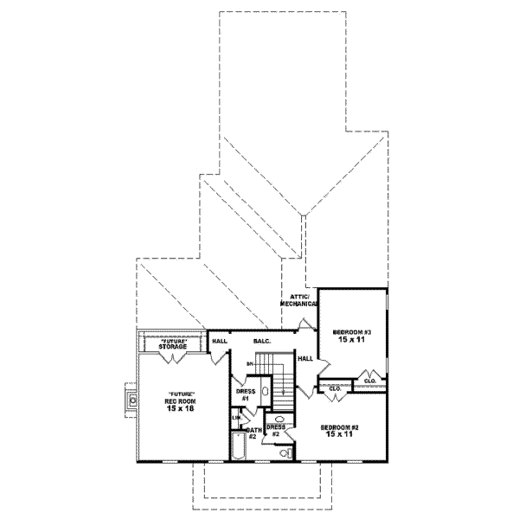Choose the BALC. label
point(262,342)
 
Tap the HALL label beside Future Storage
point(220,342)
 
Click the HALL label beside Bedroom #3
point(305,358)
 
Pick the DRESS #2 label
point(275,430)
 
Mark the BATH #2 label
point(253,432)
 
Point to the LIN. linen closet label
point(234,420)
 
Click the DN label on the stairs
point(250,365)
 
